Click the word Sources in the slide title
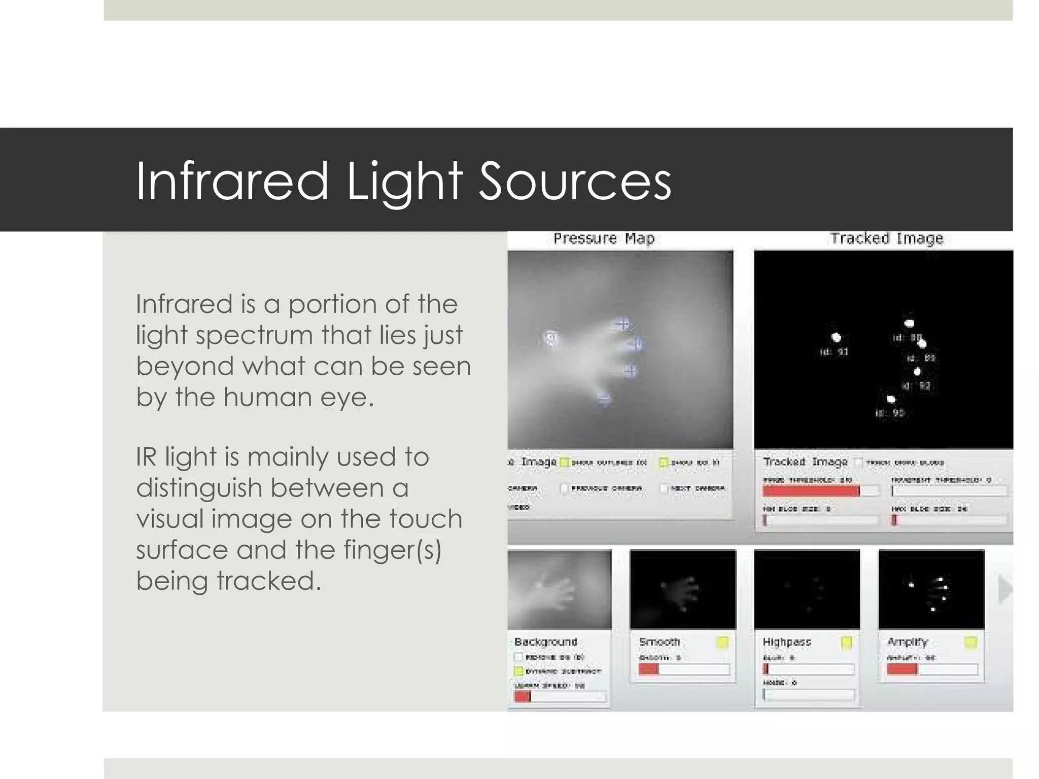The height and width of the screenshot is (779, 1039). point(575,181)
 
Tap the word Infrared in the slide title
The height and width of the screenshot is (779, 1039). point(232,181)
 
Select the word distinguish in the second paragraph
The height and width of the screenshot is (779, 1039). point(199,488)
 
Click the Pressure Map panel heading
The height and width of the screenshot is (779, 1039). point(604,238)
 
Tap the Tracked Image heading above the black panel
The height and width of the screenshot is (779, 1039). point(886,238)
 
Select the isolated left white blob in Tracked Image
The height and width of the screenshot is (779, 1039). point(836,337)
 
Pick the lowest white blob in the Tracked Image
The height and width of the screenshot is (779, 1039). point(890,400)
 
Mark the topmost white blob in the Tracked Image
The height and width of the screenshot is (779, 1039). point(909,323)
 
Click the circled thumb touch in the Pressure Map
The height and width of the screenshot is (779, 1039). point(550,338)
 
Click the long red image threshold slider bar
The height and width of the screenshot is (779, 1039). point(811,491)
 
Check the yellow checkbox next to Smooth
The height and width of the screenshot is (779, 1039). point(722,643)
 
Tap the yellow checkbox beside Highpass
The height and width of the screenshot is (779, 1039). point(846,643)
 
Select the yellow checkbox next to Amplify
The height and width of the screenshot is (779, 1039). point(970,643)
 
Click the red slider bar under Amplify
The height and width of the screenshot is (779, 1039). point(902,669)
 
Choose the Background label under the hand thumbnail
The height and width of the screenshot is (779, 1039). point(545,642)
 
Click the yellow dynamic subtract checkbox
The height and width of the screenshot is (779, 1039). point(518,671)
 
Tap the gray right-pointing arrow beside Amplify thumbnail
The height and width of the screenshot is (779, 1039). point(1005,589)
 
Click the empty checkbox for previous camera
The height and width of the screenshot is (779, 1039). point(564,488)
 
